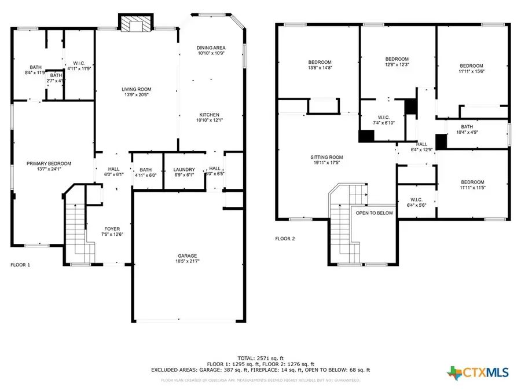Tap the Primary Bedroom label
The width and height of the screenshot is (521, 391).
click(49, 164)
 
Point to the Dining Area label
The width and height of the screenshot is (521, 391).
click(211, 47)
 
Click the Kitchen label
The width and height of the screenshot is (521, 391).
click(210, 114)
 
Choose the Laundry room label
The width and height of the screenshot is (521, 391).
click(184, 170)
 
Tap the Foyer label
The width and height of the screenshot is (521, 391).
click(112, 229)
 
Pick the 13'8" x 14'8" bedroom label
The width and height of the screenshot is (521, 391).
click(320, 62)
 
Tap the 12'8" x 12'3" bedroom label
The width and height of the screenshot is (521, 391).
click(397, 59)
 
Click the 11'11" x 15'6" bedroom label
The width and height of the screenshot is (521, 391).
click(471, 66)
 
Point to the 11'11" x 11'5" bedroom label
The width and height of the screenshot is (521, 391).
click(472, 182)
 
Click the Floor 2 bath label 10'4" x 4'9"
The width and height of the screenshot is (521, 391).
click(467, 127)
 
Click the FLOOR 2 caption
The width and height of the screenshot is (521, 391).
click(285, 238)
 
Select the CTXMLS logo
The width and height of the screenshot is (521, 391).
click(479, 371)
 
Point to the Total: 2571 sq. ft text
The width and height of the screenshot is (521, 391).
click(260, 357)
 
